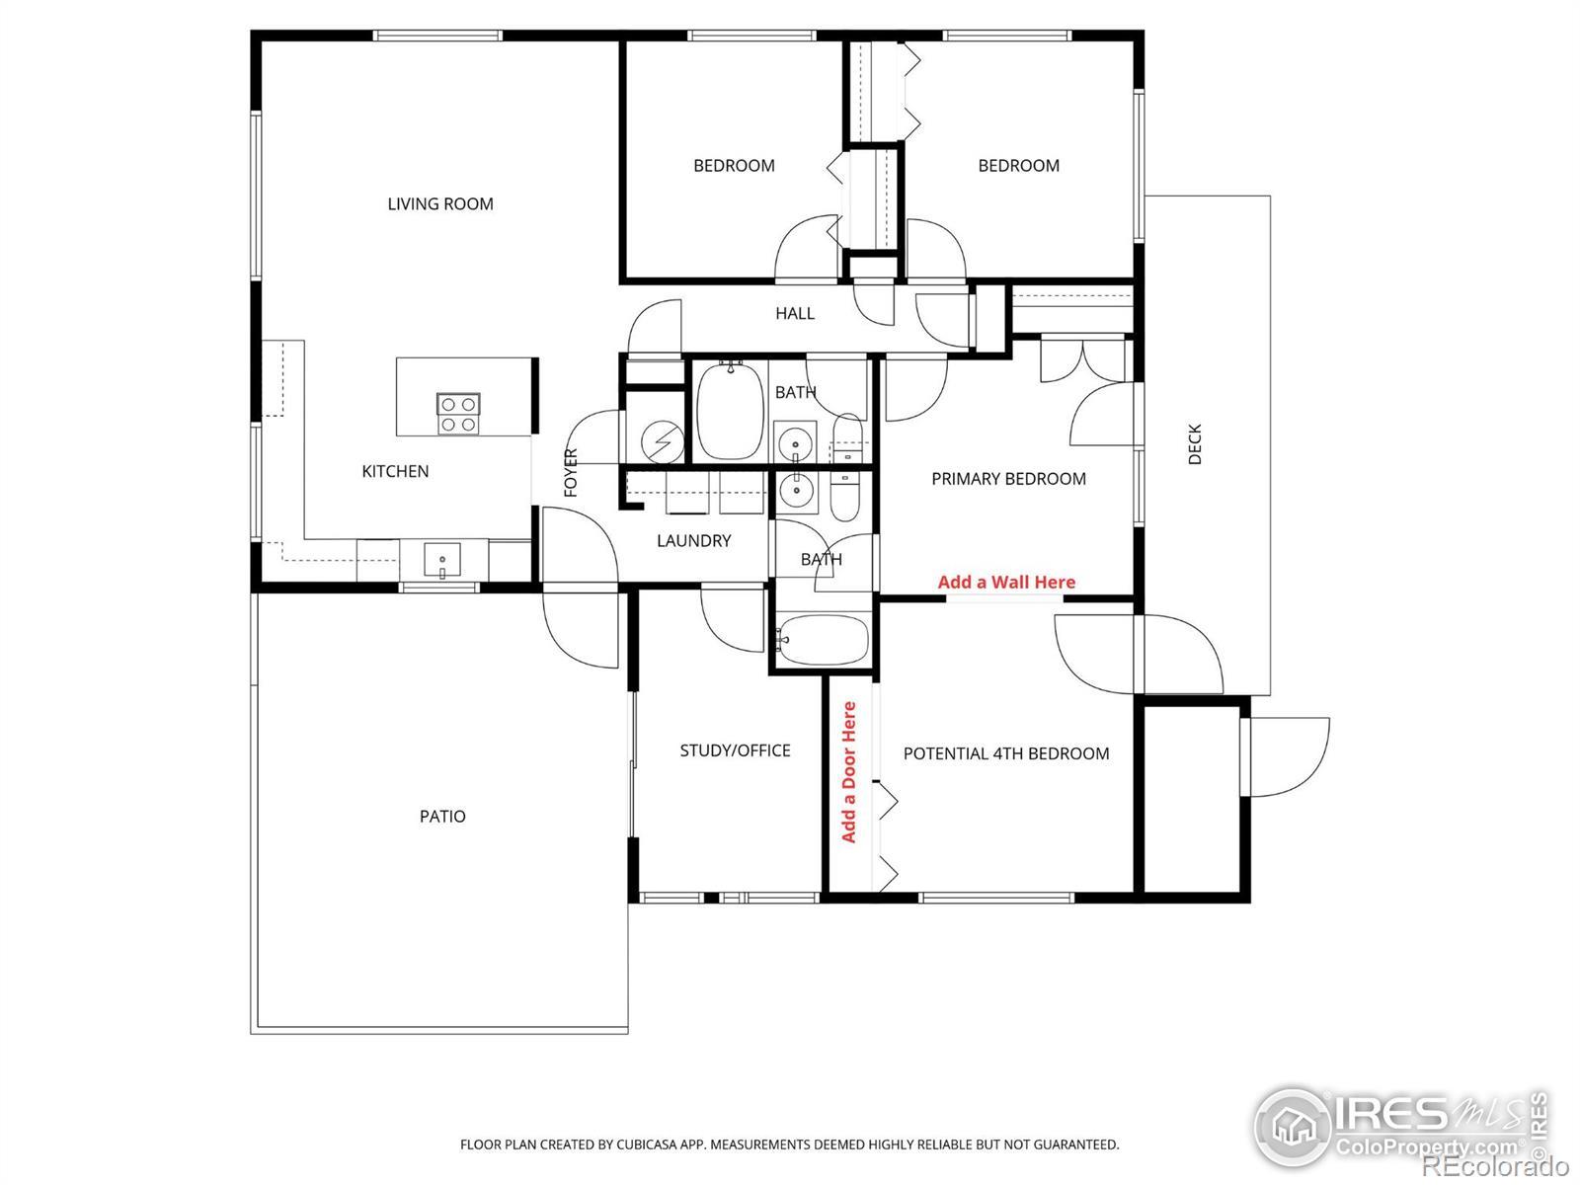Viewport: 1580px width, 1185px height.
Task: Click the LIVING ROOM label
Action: tap(440, 204)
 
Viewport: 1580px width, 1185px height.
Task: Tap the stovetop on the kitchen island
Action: tap(458, 414)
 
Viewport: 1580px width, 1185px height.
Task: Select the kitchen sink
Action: tap(442, 562)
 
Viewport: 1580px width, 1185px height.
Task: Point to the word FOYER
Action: tap(571, 473)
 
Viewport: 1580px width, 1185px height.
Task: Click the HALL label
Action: tap(795, 314)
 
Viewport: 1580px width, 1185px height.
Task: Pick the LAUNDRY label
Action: tap(694, 541)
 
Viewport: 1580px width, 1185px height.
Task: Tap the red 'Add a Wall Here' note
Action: tap(1006, 582)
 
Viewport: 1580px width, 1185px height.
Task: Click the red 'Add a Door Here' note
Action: tap(848, 772)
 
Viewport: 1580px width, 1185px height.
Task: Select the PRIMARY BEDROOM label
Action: tap(1008, 479)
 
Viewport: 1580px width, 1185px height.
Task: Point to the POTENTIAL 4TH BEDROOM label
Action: tap(1006, 754)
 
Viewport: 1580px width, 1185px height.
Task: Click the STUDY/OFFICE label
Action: tap(735, 751)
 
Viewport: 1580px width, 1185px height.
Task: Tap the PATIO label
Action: tap(442, 817)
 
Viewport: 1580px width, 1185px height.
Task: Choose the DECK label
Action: tap(1195, 444)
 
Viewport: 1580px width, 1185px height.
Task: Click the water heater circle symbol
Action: tap(663, 441)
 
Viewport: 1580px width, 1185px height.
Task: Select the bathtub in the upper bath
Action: tap(730, 411)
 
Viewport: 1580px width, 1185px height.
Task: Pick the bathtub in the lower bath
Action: tap(823, 640)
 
